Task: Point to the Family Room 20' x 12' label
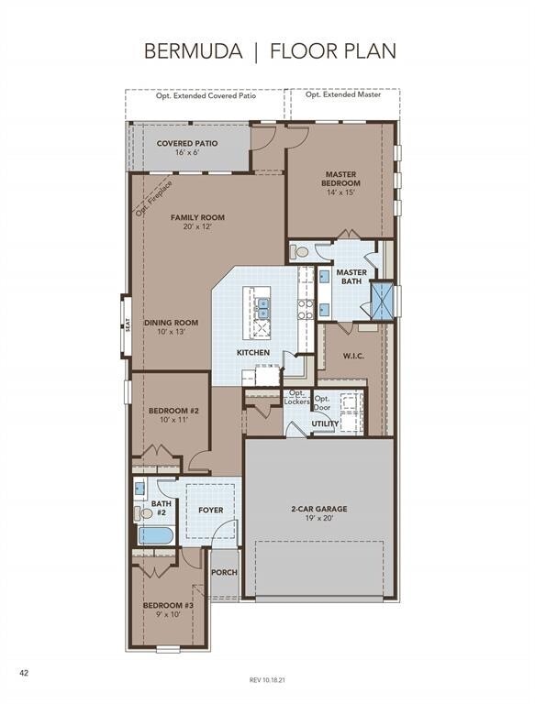(x=197, y=222)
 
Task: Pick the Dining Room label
(x=172, y=327)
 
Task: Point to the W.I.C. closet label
(x=355, y=356)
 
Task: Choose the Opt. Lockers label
(x=296, y=398)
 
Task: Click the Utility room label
(x=325, y=424)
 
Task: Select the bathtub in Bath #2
(x=153, y=536)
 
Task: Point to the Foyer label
(x=211, y=510)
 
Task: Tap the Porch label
(x=224, y=572)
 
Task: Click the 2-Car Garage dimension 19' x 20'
(x=318, y=519)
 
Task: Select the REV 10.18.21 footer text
(x=267, y=679)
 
